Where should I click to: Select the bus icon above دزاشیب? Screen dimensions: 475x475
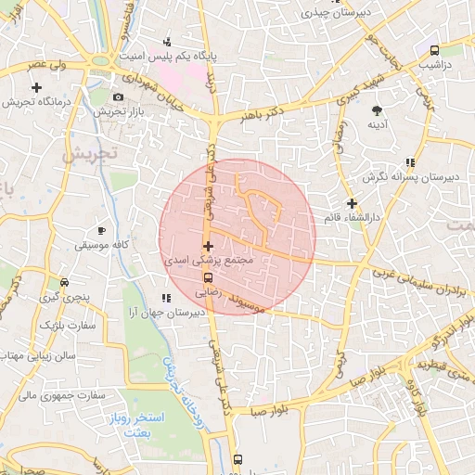click(434, 50)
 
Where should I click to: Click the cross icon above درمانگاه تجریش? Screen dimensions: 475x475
click(36, 87)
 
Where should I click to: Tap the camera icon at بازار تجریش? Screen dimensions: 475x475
click(118, 97)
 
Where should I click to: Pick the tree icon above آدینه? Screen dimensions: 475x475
click(378, 109)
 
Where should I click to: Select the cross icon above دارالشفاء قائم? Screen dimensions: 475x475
click(351, 203)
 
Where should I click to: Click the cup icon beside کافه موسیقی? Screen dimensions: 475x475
click(101, 229)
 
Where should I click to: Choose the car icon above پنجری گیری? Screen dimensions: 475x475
click(63, 282)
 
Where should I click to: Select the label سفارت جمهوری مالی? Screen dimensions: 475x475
click(51, 394)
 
